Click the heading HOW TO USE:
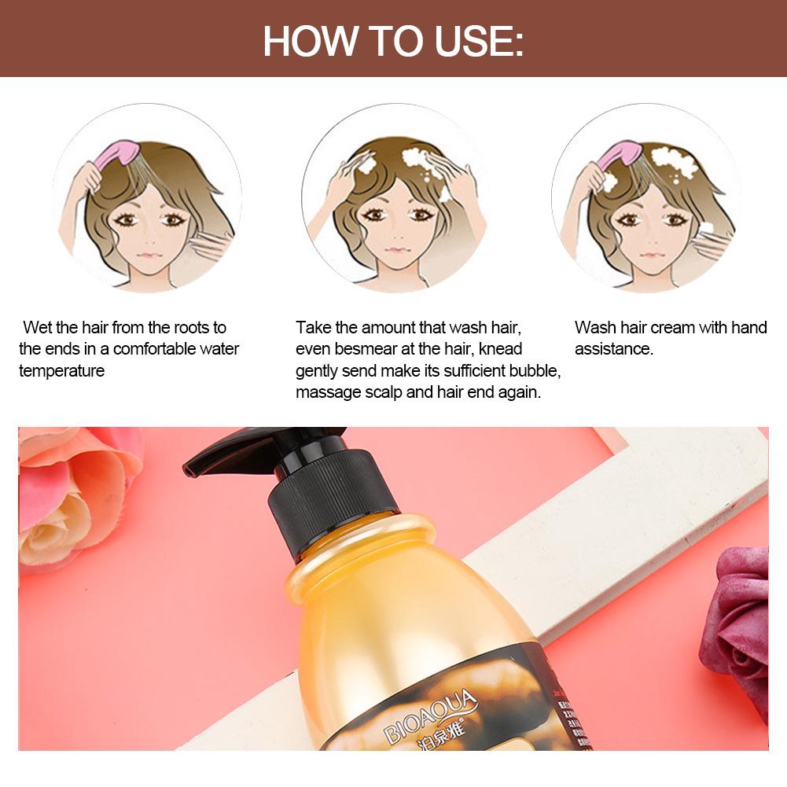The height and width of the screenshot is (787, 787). tap(393, 41)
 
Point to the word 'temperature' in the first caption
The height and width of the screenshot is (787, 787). tap(61, 370)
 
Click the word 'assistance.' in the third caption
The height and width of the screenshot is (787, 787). tap(613, 348)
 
